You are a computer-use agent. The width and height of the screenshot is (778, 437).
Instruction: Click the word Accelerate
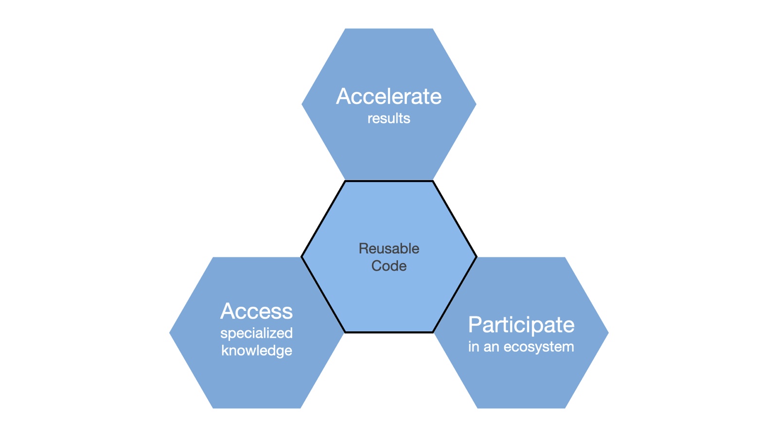pos(389,96)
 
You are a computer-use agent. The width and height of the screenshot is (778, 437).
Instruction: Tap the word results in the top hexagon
pos(389,118)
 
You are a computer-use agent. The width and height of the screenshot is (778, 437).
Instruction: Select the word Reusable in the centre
pos(389,249)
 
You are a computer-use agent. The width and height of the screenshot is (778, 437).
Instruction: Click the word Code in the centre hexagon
pos(389,266)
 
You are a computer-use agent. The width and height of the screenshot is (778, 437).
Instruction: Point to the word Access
pos(256,311)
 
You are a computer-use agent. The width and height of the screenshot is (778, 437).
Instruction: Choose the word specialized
pos(256,334)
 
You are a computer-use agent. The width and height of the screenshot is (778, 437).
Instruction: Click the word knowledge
pos(256,351)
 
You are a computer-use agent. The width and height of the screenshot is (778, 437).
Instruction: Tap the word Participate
pos(521,325)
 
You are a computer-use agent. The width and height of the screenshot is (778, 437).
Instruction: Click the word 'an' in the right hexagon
pos(491,347)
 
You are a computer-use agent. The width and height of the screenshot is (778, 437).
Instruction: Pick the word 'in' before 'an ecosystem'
pos(473,347)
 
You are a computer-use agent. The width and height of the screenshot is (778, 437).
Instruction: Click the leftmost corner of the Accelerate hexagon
pos(302,104)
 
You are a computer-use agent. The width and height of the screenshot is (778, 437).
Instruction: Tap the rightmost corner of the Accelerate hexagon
pos(475,104)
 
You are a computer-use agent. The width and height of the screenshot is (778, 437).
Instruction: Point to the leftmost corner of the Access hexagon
pos(170,333)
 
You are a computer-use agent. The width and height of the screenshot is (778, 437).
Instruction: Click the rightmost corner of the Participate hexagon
pos(607,333)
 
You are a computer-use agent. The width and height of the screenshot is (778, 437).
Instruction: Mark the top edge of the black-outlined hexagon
pos(389,181)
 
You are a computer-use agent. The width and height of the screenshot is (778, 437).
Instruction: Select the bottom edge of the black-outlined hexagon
pos(389,333)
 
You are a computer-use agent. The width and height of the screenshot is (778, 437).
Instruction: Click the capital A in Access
pos(228,311)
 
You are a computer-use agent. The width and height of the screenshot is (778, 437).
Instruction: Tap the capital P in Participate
pos(475,325)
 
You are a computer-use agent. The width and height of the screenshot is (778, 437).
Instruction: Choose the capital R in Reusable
pos(363,249)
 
